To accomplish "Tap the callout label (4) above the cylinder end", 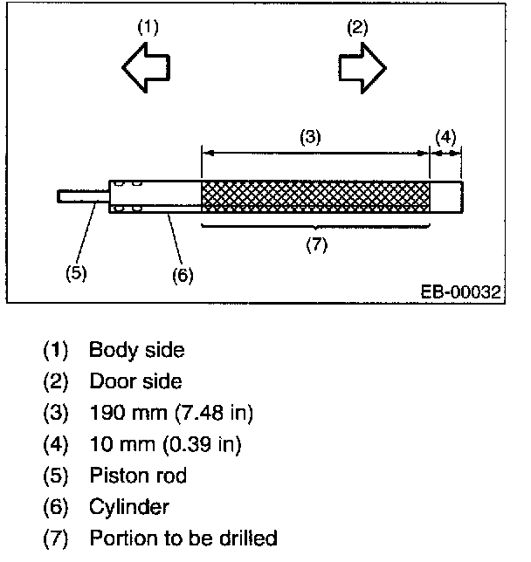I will point(445,137).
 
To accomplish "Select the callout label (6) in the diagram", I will point(183,274).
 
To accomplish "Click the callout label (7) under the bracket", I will point(315,245).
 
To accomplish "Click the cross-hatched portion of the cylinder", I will point(315,196).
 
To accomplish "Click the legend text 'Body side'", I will point(137,351).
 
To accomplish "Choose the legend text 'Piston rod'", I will point(138,476).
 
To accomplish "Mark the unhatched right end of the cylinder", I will point(445,196).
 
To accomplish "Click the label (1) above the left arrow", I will point(148,27).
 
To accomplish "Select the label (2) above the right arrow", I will point(357,27).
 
